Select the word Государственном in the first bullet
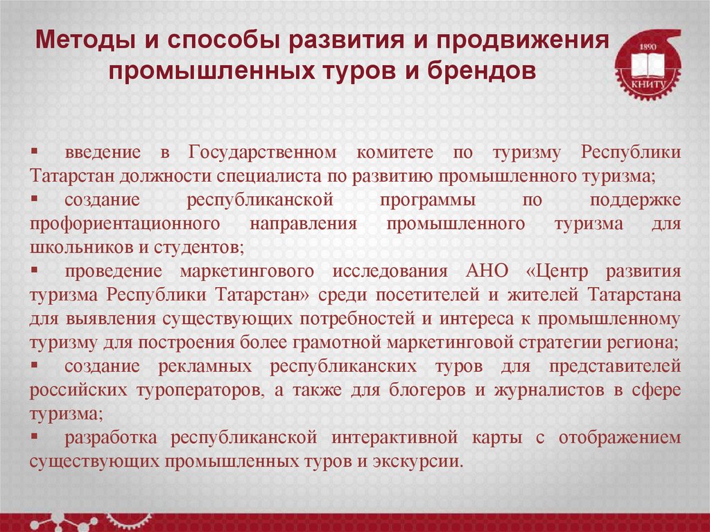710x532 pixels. point(261,151)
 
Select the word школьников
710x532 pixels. point(73,247)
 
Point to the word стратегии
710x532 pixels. point(566,342)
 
